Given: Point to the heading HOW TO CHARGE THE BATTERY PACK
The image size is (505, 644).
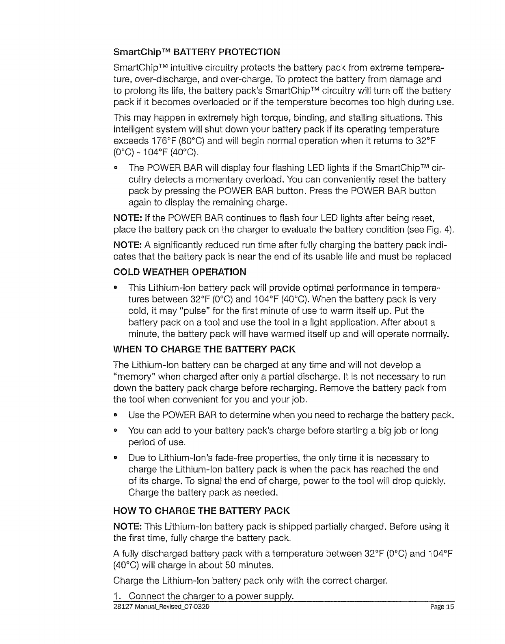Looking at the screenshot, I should tap(201, 510).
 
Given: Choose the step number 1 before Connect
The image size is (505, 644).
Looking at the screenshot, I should tap(117, 596).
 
